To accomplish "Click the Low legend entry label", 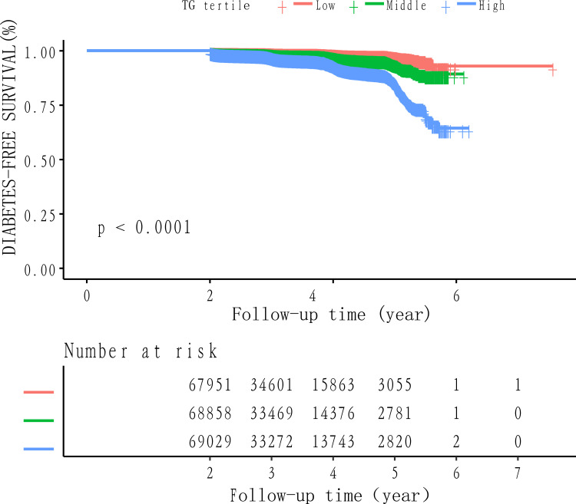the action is coord(326,6).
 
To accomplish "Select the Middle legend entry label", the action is coord(406,6).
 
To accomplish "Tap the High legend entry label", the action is coord(492,6).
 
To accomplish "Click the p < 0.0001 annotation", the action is coord(144,228).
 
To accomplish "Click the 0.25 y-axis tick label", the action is coord(40,216).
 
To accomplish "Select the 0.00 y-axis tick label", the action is coord(40,270).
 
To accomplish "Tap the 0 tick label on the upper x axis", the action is coord(87,295).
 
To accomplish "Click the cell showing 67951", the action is coord(210,385).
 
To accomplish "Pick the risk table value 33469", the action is coord(271,413).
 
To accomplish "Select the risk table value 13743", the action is coord(333,442).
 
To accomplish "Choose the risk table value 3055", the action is coord(395,385).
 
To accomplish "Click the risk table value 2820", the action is coord(395,442).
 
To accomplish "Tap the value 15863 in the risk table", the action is coord(333,385).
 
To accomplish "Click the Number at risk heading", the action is coord(141,351).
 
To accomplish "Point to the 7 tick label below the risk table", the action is coord(518,473).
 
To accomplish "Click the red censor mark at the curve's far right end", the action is coord(552,70).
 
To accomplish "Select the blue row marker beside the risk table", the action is coord(38,449).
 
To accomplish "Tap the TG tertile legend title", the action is coord(216,6).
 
